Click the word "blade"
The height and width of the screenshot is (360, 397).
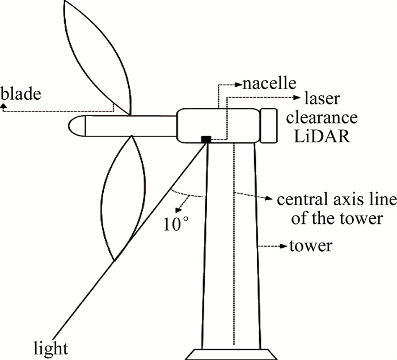pyautogui.click(x=21, y=93)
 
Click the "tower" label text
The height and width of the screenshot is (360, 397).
pyautogui.click(x=311, y=247)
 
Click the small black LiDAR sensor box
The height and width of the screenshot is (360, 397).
pyautogui.click(x=206, y=139)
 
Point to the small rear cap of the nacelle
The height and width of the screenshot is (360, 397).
pyautogui.click(x=268, y=125)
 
